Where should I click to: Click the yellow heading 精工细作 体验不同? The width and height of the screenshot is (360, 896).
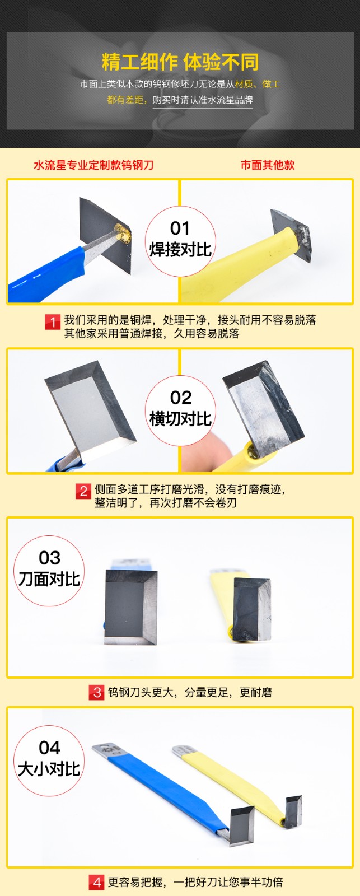180,62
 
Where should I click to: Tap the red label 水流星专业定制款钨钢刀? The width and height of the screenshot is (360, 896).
93,165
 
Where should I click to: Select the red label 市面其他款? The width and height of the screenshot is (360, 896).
268,165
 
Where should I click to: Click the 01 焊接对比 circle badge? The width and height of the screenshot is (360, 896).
180,241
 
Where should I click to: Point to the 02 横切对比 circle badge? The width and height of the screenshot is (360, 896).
180,410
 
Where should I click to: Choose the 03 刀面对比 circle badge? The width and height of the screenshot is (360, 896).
49,571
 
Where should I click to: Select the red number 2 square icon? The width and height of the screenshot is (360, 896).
83,492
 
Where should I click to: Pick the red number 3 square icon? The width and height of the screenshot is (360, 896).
96,692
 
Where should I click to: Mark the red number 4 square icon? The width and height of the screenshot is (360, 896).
96,882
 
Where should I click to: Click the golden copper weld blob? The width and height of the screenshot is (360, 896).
123,234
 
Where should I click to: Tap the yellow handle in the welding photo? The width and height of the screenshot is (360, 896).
240,264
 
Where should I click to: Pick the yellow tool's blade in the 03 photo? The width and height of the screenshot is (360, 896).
252,610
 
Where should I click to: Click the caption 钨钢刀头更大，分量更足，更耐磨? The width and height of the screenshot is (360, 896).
190,692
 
